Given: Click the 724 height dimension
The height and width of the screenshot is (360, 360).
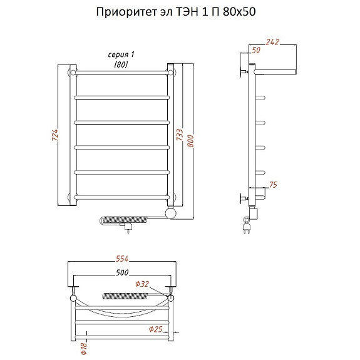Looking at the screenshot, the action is coord(55,135).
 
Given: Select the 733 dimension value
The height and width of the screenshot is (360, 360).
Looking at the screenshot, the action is coord(180,135).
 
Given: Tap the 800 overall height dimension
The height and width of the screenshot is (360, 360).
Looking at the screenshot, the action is coord(190,141).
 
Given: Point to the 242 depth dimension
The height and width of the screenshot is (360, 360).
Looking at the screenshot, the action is coord(272,42).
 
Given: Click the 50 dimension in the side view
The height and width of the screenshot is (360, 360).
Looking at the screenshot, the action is coord(256,50).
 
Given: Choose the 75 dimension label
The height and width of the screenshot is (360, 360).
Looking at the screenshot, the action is coord(273,185).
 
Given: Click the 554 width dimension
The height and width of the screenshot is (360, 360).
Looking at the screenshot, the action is coord(122,259).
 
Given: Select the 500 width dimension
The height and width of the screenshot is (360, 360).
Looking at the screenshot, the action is coord(122,272).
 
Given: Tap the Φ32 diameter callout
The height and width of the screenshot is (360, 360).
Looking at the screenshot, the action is coord(142,284).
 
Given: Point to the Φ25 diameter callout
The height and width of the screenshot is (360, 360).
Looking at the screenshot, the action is coord(156,329).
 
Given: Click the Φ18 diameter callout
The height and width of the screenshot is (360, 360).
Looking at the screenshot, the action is coord(84,348).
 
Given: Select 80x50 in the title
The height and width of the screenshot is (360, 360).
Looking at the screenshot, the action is coord(239,12).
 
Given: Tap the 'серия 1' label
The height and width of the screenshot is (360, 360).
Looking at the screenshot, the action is coord(121,54).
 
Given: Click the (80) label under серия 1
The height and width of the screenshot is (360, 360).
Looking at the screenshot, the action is coord(121,64).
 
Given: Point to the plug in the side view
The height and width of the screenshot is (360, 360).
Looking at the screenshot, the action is coord(246,226).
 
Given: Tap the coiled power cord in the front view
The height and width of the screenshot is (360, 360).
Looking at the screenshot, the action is coord(124,220).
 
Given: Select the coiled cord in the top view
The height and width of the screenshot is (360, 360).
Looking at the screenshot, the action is coord(125,296).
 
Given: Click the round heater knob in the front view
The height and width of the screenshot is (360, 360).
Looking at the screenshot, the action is coord(170,213).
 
